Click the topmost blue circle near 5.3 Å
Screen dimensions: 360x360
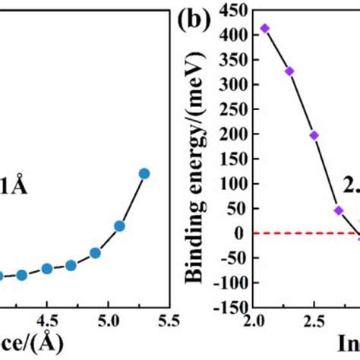coord(144,174)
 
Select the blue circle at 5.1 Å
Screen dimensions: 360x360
coord(119,226)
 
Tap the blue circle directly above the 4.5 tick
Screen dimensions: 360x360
coord(46,269)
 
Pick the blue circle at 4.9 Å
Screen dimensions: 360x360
coord(95,252)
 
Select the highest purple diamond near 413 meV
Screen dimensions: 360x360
coord(264,28)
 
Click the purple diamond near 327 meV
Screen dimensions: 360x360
coord(289,71)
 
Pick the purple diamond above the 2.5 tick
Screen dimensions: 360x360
coord(314,135)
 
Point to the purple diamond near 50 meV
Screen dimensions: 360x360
coord(339,210)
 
